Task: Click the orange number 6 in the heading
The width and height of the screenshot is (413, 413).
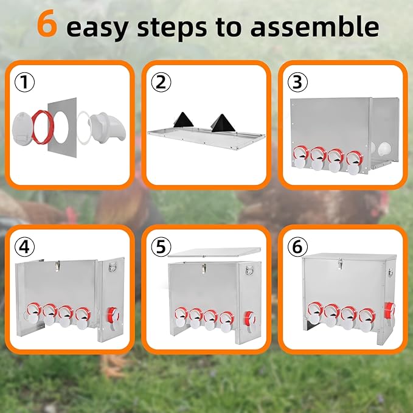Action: [47, 23]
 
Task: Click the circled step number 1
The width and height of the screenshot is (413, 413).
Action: [24, 82]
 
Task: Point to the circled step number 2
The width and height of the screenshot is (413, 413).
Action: [161, 82]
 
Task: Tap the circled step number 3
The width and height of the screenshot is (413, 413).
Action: [297, 82]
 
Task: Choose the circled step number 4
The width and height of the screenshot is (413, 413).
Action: [24, 247]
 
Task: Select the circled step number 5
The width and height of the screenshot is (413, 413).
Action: [161, 247]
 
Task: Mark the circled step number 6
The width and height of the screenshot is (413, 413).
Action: [297, 247]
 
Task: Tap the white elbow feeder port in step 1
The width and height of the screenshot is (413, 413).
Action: [108, 127]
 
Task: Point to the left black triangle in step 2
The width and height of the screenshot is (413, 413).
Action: [183, 120]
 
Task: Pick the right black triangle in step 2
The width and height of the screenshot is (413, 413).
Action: [223, 123]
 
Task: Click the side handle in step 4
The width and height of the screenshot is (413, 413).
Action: [113, 267]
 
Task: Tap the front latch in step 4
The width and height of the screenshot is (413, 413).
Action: [58, 266]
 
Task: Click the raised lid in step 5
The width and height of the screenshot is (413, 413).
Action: [214, 252]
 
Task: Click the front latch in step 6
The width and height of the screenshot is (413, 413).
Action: [340, 264]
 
